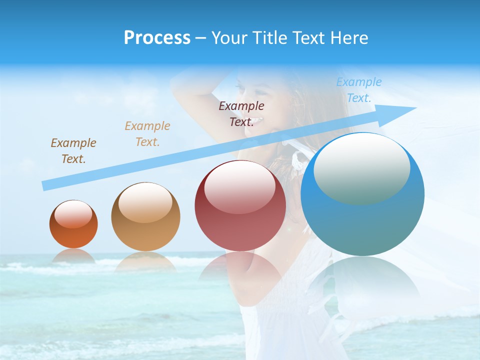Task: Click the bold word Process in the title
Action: coord(157,38)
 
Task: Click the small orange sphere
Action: coord(73,224)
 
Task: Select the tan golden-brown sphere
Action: coord(145,217)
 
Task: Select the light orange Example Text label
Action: coord(147,134)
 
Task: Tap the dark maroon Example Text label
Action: coord(241,114)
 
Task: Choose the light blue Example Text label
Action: coord(359,90)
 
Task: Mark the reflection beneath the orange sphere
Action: coord(73,255)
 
